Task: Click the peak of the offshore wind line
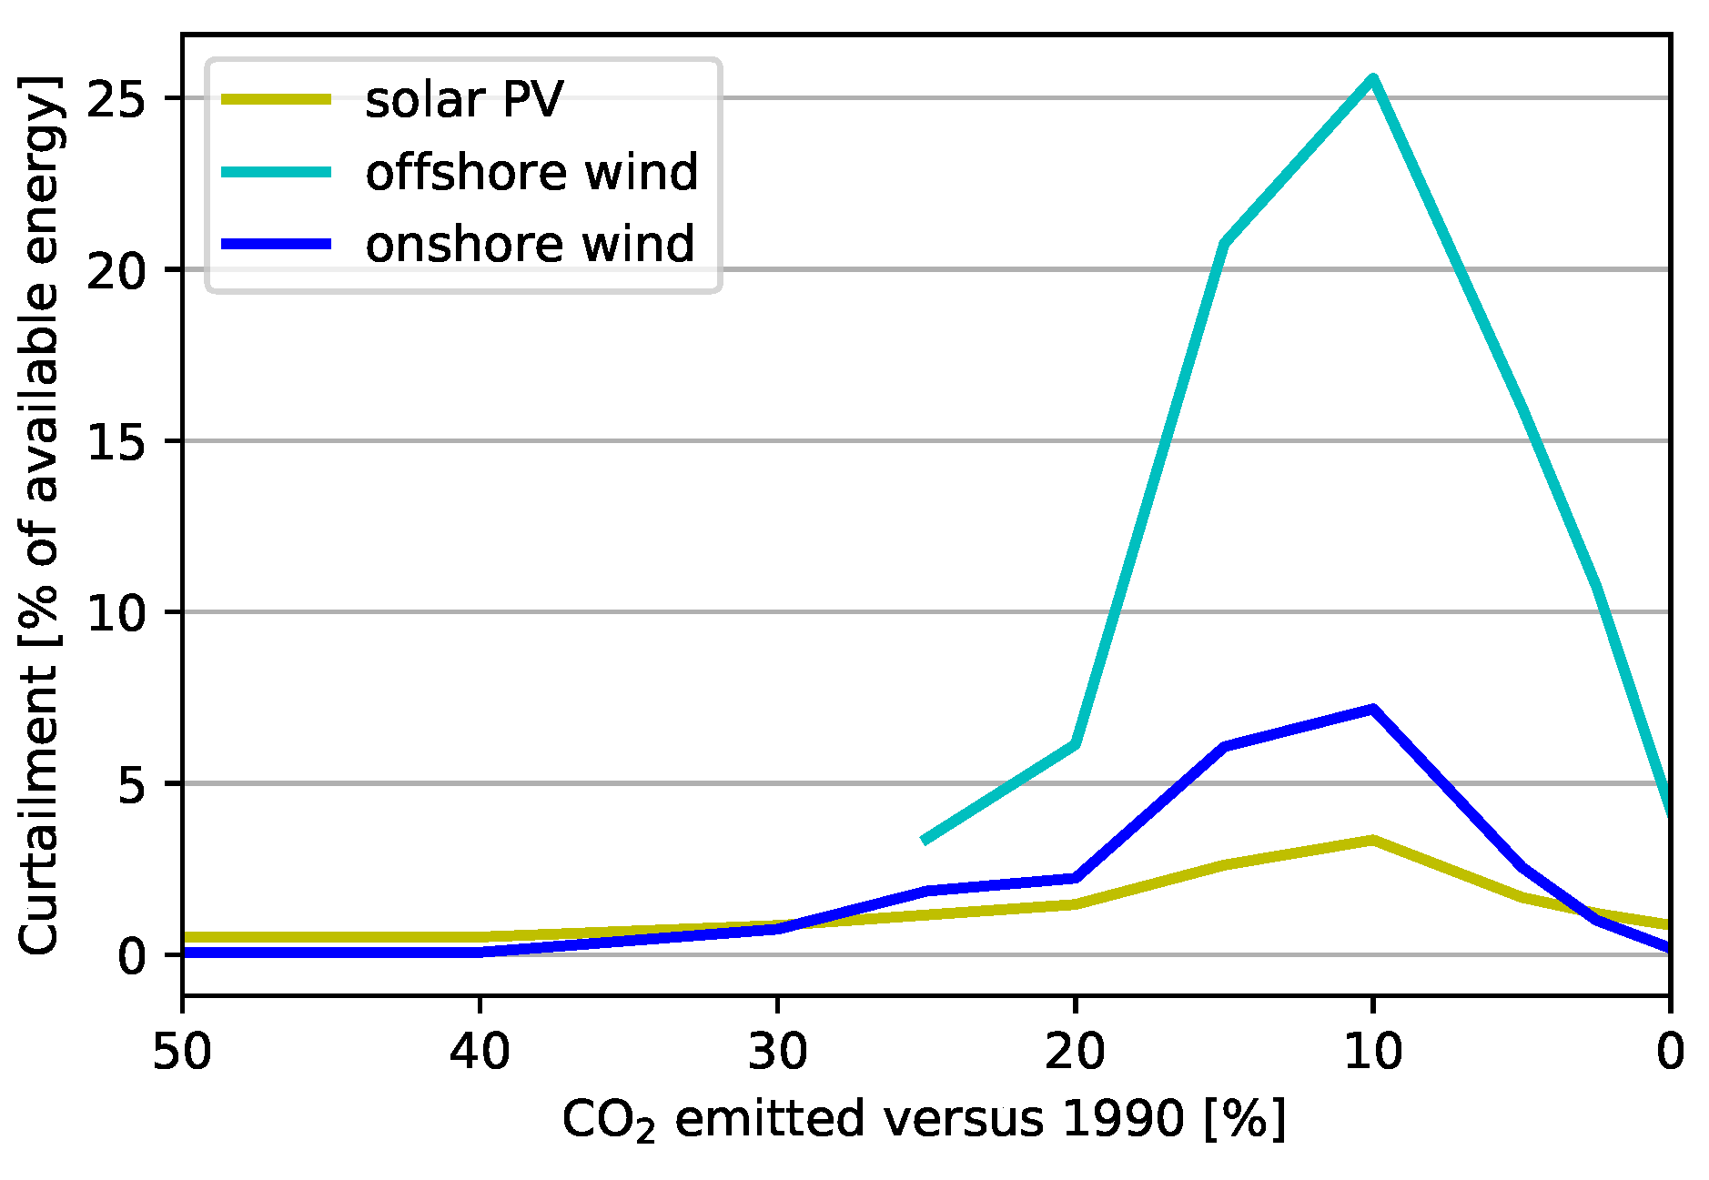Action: (1372, 79)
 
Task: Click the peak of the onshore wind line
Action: (1372, 709)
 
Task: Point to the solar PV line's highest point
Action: (1372, 840)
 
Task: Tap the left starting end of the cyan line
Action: (925, 840)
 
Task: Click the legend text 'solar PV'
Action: (464, 99)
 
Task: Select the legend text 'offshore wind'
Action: (531, 172)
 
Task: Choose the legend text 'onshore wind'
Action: (530, 244)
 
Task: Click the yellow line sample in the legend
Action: (277, 99)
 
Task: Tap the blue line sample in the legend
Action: (277, 244)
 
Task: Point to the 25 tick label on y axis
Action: (116, 99)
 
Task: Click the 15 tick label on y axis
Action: (116, 442)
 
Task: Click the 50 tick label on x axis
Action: (182, 1052)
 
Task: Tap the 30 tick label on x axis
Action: (777, 1052)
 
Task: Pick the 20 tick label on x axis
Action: (1075, 1052)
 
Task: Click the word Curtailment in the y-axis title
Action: (38, 810)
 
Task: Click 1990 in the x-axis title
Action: (1123, 1119)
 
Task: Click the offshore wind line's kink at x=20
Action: (1076, 744)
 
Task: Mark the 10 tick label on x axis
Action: (1372, 1052)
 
